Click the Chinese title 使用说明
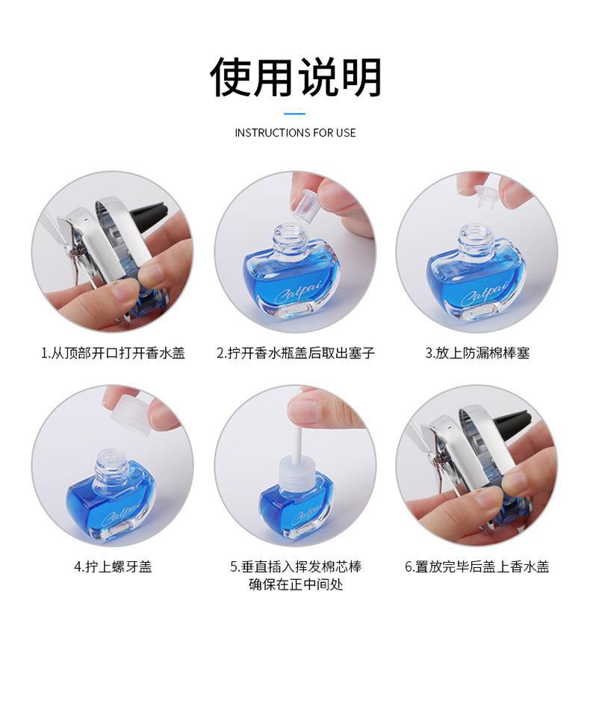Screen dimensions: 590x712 pyautogui.click(x=295, y=77)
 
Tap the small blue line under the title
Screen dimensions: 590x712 pyautogui.click(x=294, y=113)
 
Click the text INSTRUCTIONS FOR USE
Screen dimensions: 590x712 pyautogui.click(x=295, y=133)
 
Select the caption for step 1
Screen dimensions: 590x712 pyautogui.click(x=114, y=353)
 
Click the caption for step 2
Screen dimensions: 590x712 pyautogui.click(x=296, y=353)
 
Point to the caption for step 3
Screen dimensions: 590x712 pyautogui.click(x=477, y=353)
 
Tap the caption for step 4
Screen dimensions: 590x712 pyautogui.click(x=113, y=566)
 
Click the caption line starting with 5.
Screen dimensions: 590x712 pyautogui.click(x=296, y=566)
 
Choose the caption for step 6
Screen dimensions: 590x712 pyautogui.click(x=476, y=566)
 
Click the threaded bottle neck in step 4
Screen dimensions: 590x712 pyautogui.click(x=111, y=466)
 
